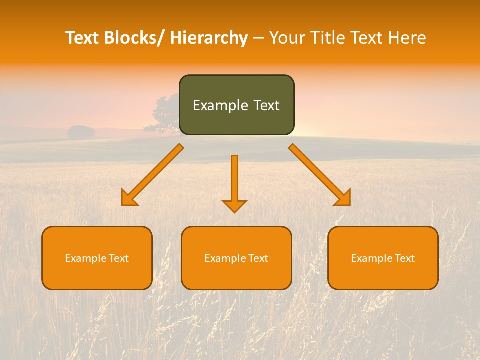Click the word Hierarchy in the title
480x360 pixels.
(x=208, y=38)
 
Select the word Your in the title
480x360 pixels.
(x=287, y=38)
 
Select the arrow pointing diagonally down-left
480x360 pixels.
(x=152, y=175)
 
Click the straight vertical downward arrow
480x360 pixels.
(x=234, y=180)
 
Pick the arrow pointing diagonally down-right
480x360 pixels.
(x=320, y=175)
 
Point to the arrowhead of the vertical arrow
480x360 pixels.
(x=234, y=206)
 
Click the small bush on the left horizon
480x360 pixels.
(x=81, y=132)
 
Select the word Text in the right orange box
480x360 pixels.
(x=404, y=258)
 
